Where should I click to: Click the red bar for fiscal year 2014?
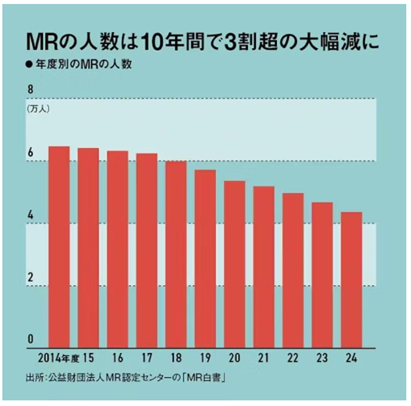pyautogui.click(x=59, y=247)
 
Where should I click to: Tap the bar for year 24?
pyautogui.click(x=351, y=280)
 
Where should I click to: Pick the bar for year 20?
pyautogui.click(x=235, y=264)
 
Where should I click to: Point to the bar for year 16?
pyautogui.click(x=118, y=249)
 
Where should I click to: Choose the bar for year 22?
pyautogui.click(x=293, y=270)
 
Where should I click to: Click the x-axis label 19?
pyautogui.click(x=205, y=357)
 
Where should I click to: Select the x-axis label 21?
pyautogui.click(x=264, y=357)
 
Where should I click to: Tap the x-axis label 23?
pyautogui.click(x=322, y=357)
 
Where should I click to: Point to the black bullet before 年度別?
pyautogui.click(x=29, y=65)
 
